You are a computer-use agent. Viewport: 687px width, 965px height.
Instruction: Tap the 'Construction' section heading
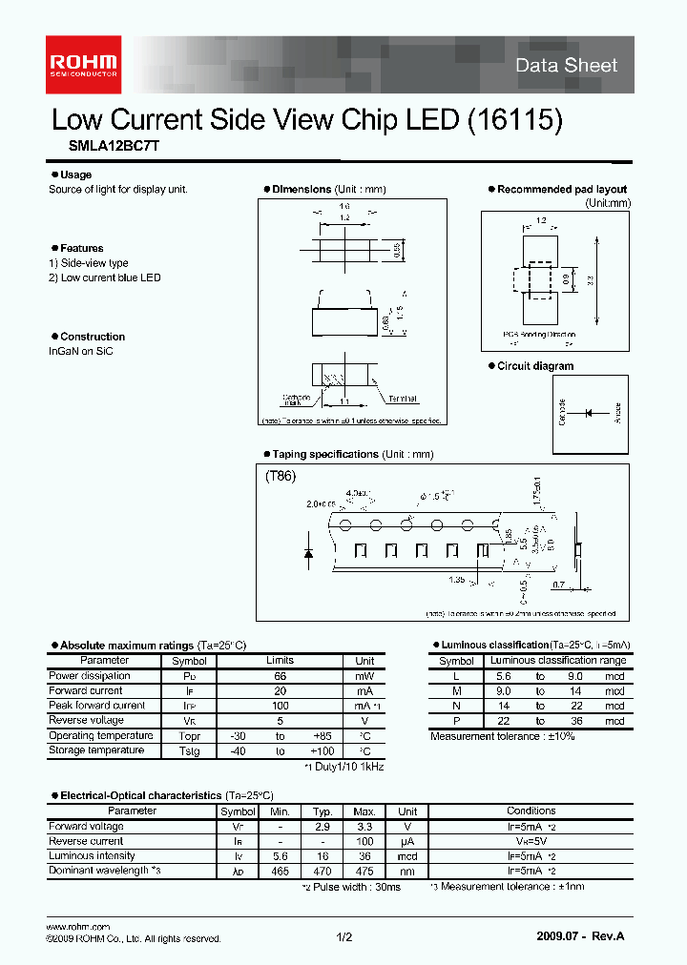pos(92,337)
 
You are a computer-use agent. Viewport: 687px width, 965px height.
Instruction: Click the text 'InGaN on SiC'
pos(81,351)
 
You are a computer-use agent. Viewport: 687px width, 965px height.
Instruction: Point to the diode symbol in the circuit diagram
pos(589,412)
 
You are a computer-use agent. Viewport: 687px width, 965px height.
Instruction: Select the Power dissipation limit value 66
pos(280,676)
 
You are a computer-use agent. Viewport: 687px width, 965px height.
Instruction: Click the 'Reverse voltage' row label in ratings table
pos(86,720)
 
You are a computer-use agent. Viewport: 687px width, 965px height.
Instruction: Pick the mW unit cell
pos(364,676)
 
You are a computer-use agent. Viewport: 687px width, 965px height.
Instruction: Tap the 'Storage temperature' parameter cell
pos(96,750)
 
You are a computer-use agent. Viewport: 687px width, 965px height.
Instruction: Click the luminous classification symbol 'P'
pos(456,721)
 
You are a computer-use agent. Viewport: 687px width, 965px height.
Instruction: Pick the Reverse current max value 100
pos(364,841)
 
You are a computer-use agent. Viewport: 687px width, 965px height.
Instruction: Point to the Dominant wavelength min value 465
pos(279,871)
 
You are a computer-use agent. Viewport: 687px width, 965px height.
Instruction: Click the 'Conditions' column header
pos(531,811)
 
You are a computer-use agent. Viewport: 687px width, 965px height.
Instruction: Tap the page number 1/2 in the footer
pos(343,938)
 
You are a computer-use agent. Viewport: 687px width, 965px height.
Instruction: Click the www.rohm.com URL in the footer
pos(78,927)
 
